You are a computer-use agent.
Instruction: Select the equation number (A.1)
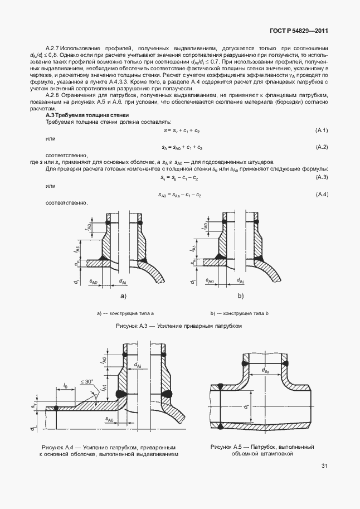point(321,130)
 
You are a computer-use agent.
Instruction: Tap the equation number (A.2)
point(321,147)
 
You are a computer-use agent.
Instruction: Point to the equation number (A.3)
point(321,177)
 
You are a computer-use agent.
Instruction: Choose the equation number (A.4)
point(321,194)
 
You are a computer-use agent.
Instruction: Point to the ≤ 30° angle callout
point(86,381)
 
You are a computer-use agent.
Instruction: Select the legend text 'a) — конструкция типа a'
point(125,313)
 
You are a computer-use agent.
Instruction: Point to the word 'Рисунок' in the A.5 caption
point(221,447)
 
